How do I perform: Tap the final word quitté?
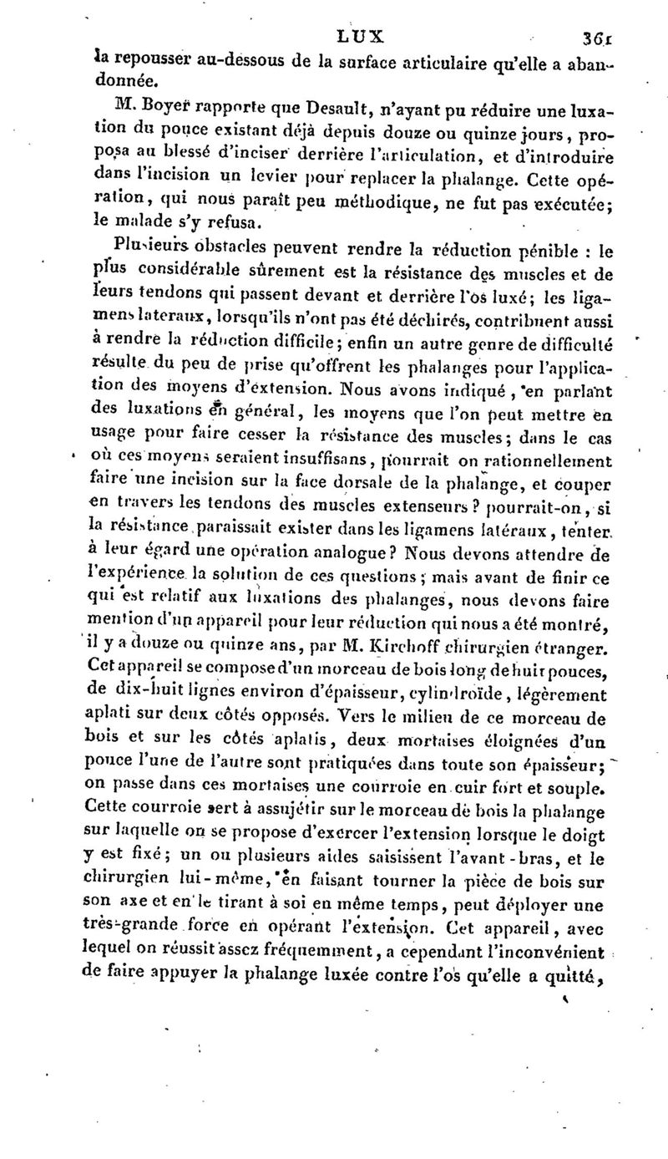tap(585, 963)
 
